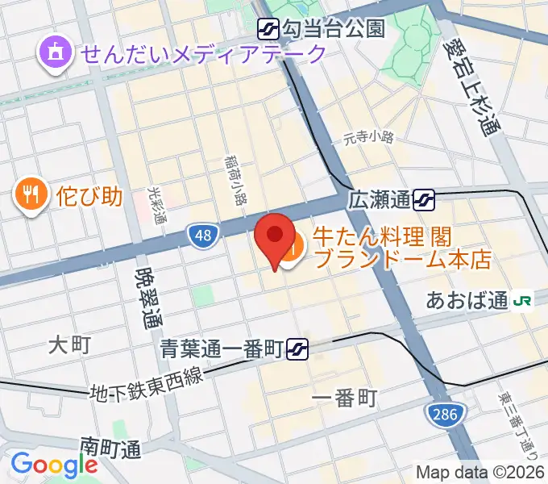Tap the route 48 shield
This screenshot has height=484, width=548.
coord(203,236)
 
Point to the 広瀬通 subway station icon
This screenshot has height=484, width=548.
coord(424,198)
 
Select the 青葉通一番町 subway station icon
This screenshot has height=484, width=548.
coord(298,348)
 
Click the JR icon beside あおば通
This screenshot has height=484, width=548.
coord(522,301)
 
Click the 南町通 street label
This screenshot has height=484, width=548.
coord(110,445)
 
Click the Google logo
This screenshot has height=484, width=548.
coord(54,465)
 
